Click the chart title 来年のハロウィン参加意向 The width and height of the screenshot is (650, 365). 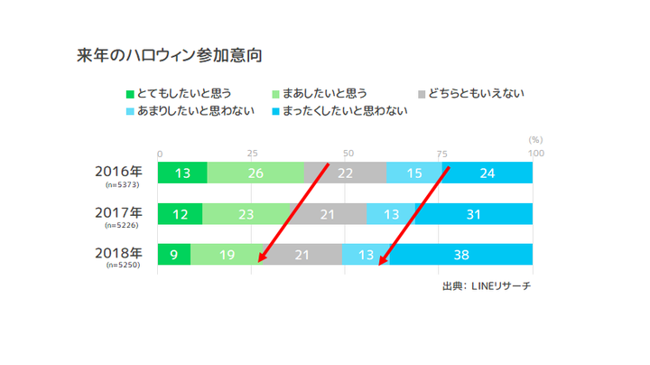169,55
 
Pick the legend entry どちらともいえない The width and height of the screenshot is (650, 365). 477,93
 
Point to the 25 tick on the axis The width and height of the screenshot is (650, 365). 252,153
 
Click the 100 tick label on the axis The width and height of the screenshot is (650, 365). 534,153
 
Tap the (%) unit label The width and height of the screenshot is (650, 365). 534,140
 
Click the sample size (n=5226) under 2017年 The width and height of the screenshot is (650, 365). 121,226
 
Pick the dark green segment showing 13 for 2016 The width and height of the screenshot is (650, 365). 182,173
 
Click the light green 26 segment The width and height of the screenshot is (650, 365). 255,173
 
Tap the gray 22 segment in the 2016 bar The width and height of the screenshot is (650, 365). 345,173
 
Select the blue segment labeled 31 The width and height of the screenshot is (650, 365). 473,214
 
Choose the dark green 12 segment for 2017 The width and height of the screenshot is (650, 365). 180,214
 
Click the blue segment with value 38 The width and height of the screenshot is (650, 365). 460,255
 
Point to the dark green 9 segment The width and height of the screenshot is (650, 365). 173,255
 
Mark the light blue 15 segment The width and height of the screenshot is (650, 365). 413,173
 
